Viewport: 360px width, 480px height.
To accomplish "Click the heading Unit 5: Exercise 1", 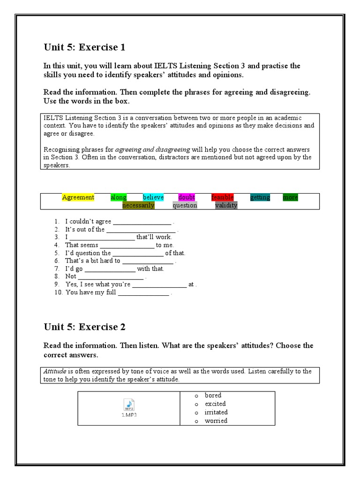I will [x=84, y=47].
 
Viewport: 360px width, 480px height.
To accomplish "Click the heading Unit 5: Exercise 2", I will [x=84, y=327].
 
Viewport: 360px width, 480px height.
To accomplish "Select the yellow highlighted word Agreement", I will [x=78, y=197].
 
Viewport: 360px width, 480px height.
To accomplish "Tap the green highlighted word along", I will [x=119, y=197].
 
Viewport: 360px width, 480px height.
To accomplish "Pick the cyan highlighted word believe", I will [x=153, y=197].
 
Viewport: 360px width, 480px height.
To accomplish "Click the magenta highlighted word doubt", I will [x=187, y=197].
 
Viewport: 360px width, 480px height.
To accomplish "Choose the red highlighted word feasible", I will [x=222, y=197].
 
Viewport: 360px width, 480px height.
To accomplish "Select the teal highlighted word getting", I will [x=260, y=197].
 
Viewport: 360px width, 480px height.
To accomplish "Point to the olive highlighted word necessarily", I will [x=138, y=205].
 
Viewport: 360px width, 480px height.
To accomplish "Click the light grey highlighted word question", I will [x=185, y=205].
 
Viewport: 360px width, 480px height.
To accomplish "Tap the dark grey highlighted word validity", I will [x=226, y=205].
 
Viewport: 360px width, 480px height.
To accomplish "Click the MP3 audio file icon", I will [x=128, y=405].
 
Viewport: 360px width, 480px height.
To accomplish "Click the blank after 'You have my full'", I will [x=143, y=293].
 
